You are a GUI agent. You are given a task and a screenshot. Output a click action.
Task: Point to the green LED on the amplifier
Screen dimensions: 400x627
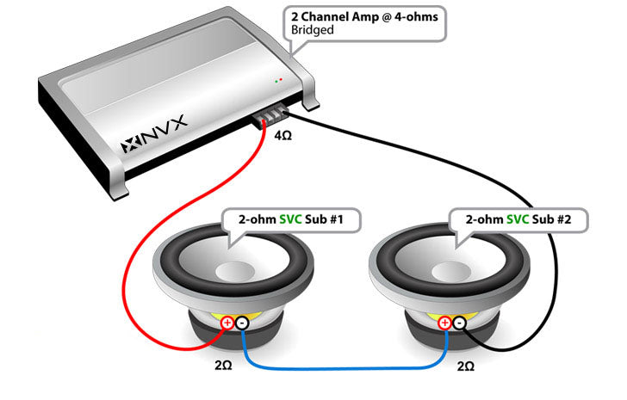pyautogui.click(x=277, y=80)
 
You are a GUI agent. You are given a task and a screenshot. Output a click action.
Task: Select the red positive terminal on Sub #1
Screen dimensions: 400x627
pyautogui.click(x=227, y=323)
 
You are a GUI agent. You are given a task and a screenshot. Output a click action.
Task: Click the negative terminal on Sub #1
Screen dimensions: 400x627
pyautogui.click(x=242, y=323)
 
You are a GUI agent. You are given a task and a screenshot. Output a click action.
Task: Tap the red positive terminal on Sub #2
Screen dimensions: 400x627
pyautogui.click(x=444, y=323)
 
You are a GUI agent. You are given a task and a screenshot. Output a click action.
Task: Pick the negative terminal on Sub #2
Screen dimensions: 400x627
pyautogui.click(x=459, y=323)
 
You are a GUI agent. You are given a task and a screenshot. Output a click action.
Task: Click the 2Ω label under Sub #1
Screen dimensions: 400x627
pyautogui.click(x=222, y=365)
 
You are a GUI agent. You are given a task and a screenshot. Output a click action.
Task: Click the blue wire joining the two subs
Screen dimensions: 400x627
pyautogui.click(x=345, y=367)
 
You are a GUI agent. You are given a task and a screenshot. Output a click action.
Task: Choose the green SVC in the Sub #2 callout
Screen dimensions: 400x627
pyautogui.click(x=518, y=220)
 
